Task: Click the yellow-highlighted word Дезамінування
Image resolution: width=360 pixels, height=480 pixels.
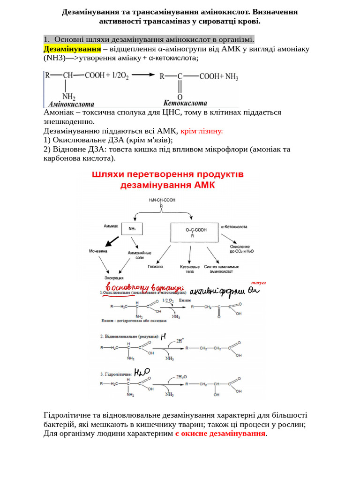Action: [72, 49]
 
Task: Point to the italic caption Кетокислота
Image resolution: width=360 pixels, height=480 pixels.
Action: [185, 103]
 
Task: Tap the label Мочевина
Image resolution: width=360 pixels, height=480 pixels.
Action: [98, 251]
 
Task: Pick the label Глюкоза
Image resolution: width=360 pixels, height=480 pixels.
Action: [155, 266]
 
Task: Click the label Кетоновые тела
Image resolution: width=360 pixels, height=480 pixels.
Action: [190, 269]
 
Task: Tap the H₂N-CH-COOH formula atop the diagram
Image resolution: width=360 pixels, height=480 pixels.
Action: [162, 200]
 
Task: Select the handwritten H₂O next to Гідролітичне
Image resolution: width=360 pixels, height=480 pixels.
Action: [142, 372]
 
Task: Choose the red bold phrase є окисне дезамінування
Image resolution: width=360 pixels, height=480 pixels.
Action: [220, 434]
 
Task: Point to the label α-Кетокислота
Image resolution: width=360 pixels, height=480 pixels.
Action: [232, 226]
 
